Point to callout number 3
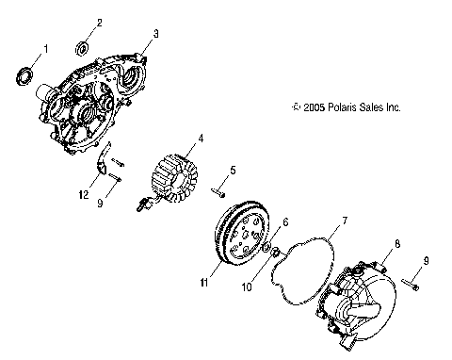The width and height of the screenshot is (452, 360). [x=155, y=33]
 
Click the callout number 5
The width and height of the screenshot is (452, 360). [x=233, y=171]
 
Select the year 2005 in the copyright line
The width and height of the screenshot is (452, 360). [x=316, y=108]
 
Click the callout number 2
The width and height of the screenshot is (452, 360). [x=99, y=22]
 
